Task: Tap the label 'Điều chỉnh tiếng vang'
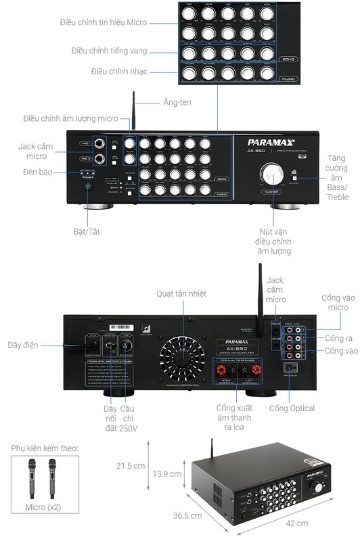pos(109,51)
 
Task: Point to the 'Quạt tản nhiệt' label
pos(181,293)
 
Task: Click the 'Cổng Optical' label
pos(292,408)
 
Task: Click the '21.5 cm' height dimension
pos(131,466)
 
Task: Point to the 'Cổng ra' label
pos(338,337)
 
